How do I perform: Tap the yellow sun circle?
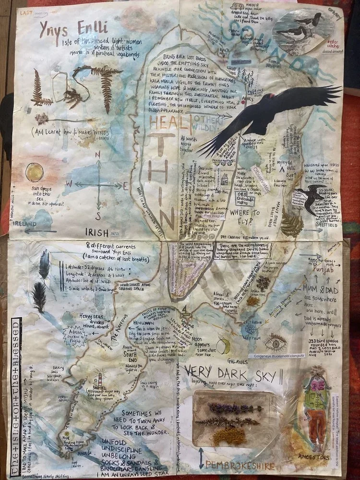point(35,171)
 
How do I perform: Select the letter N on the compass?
point(98,155)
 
